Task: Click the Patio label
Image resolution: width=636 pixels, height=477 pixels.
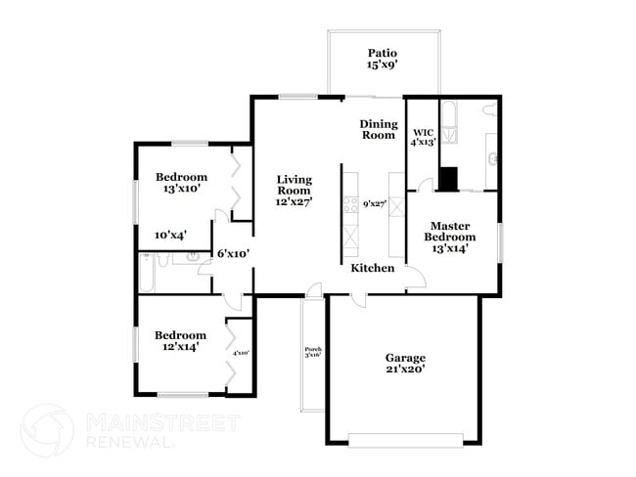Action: click(x=383, y=53)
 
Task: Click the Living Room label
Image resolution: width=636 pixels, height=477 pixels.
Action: click(x=294, y=185)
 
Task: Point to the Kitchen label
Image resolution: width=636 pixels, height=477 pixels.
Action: click(x=373, y=268)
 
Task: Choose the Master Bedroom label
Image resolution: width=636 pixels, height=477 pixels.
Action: click(x=450, y=231)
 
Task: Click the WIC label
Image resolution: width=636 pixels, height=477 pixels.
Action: click(x=423, y=132)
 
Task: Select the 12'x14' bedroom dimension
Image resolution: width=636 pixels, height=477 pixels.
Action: click(x=181, y=346)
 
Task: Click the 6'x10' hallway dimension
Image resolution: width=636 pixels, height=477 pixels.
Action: click(x=233, y=253)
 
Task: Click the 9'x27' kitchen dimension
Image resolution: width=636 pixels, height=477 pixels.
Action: click(x=374, y=204)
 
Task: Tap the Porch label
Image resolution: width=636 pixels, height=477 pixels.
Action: click(x=313, y=351)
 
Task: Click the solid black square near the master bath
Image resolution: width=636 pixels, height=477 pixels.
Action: click(x=448, y=179)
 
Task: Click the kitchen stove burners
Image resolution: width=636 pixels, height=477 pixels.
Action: click(x=349, y=205)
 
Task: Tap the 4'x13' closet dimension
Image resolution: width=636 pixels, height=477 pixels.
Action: click(x=423, y=143)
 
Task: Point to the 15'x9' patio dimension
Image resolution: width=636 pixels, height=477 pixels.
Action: click(x=383, y=65)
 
